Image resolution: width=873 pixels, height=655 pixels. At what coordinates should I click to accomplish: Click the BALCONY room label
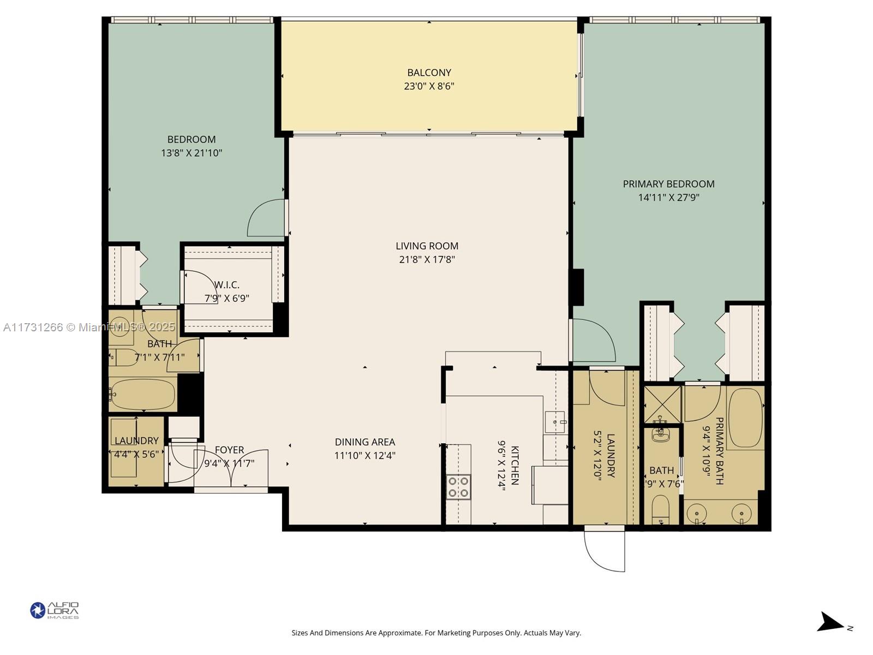429,73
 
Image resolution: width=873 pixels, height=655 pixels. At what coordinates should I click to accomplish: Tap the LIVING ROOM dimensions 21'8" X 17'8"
427,260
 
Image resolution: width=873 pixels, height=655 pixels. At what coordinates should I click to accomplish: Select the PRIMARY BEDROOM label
668,184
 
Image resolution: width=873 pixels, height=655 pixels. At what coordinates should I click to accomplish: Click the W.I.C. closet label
226,285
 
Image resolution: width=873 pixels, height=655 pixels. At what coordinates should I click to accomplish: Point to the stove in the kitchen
458,487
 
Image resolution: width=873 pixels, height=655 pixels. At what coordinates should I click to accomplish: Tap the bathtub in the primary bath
744,418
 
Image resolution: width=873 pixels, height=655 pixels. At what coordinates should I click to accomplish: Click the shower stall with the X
662,404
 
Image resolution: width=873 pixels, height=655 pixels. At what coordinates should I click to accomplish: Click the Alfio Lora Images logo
55,610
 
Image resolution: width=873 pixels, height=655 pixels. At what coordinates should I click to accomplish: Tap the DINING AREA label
364,442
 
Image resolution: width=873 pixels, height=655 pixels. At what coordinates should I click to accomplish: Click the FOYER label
229,450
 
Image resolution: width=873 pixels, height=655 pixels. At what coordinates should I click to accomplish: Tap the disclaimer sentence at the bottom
436,633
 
